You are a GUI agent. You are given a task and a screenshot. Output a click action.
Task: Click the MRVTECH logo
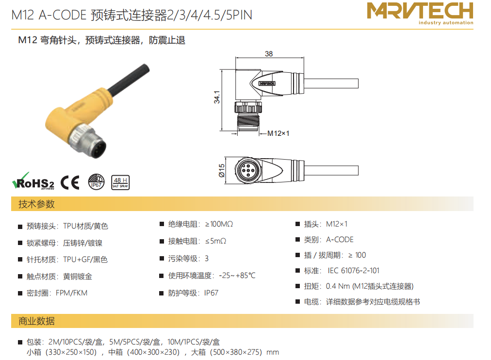420,14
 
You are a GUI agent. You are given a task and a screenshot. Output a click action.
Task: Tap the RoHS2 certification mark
33,181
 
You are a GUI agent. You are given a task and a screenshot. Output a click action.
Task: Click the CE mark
70,182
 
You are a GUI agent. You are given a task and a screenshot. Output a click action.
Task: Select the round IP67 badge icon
96,182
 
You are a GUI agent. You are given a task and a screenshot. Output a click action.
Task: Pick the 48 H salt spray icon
120,182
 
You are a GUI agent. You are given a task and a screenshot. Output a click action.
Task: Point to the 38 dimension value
269,54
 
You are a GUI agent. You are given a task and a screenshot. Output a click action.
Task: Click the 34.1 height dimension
217,97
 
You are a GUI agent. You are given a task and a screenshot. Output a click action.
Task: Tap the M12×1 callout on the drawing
278,133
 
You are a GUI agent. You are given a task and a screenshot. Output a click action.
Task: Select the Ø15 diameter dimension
221,171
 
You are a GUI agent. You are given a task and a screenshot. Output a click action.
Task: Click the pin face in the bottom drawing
248,170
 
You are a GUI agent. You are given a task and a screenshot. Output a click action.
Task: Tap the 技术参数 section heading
37,204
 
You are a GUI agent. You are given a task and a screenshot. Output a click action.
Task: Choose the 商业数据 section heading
37,321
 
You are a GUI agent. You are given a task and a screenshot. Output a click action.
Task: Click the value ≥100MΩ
219,224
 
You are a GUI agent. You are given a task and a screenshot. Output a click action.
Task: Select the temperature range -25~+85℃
237,276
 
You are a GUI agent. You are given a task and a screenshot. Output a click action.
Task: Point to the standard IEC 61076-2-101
354,270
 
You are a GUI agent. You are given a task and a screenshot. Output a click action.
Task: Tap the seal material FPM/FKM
72,293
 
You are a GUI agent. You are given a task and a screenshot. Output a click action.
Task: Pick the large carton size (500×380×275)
236,352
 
